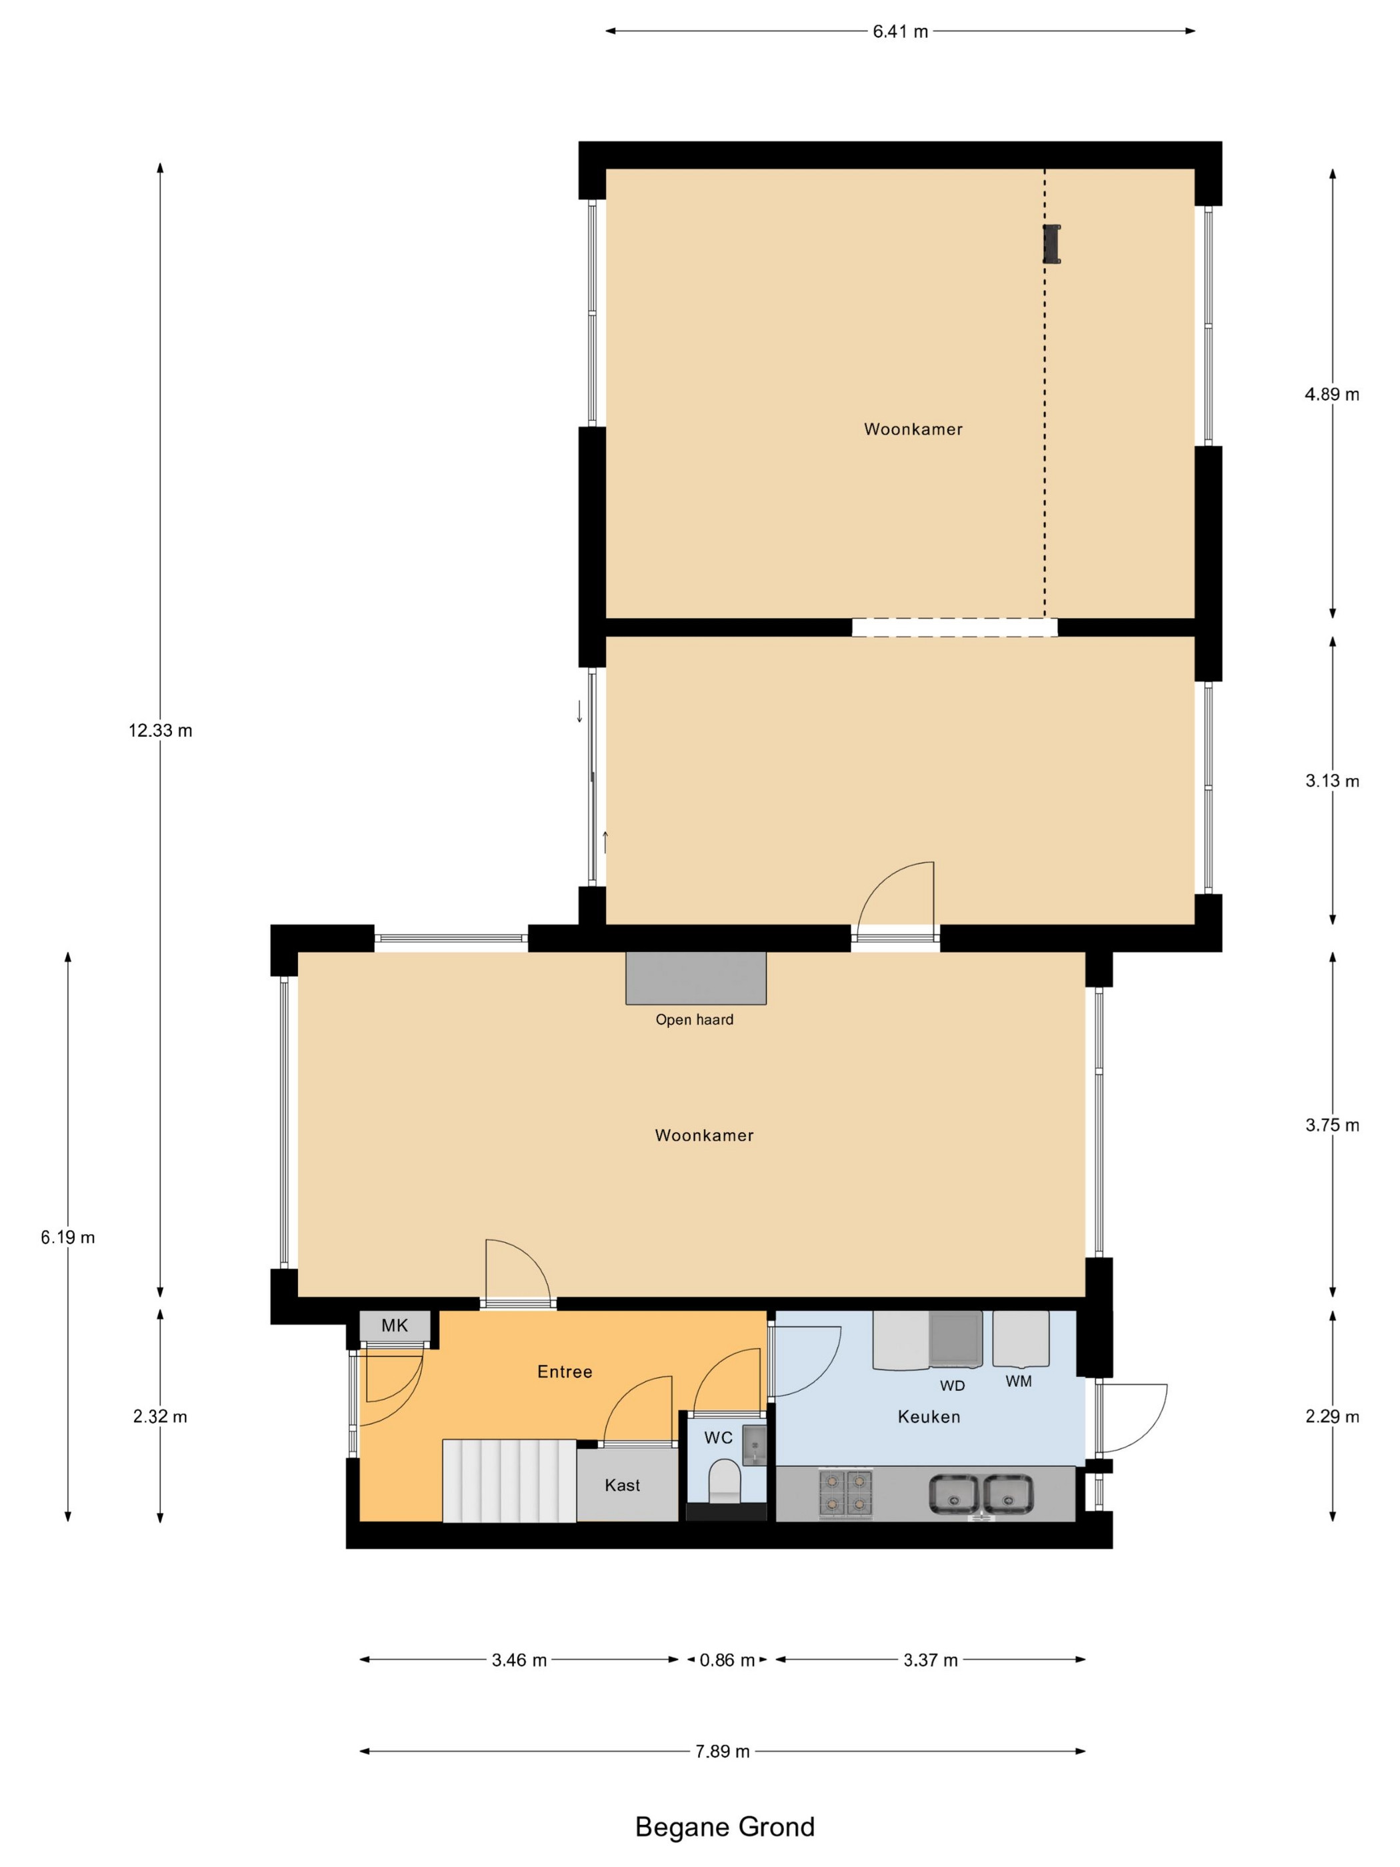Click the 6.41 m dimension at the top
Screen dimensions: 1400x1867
click(x=899, y=32)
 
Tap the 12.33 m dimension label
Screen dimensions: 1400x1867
click(x=161, y=731)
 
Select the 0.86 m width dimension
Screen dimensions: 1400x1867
click(x=727, y=1660)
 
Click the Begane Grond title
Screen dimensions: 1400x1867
click(x=725, y=1826)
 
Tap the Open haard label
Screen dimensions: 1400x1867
click(x=695, y=1020)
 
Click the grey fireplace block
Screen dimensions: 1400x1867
click(x=695, y=978)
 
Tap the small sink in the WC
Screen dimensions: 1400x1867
click(x=753, y=1444)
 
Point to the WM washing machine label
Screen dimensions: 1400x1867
click(x=1019, y=1382)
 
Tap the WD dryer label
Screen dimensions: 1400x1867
click(x=952, y=1385)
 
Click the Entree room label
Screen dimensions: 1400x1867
click(x=565, y=1372)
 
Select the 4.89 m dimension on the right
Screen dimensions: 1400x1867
click(x=1331, y=394)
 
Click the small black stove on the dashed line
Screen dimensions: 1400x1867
click(x=1051, y=244)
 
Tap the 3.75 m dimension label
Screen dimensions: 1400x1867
click(x=1331, y=1125)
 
